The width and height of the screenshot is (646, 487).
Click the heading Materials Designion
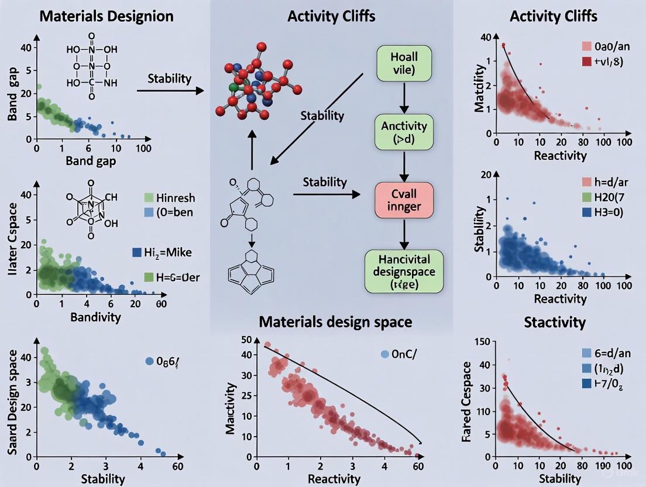point(106,15)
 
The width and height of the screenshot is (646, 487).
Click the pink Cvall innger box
point(403,198)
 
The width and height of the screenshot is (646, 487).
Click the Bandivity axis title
point(95,317)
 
